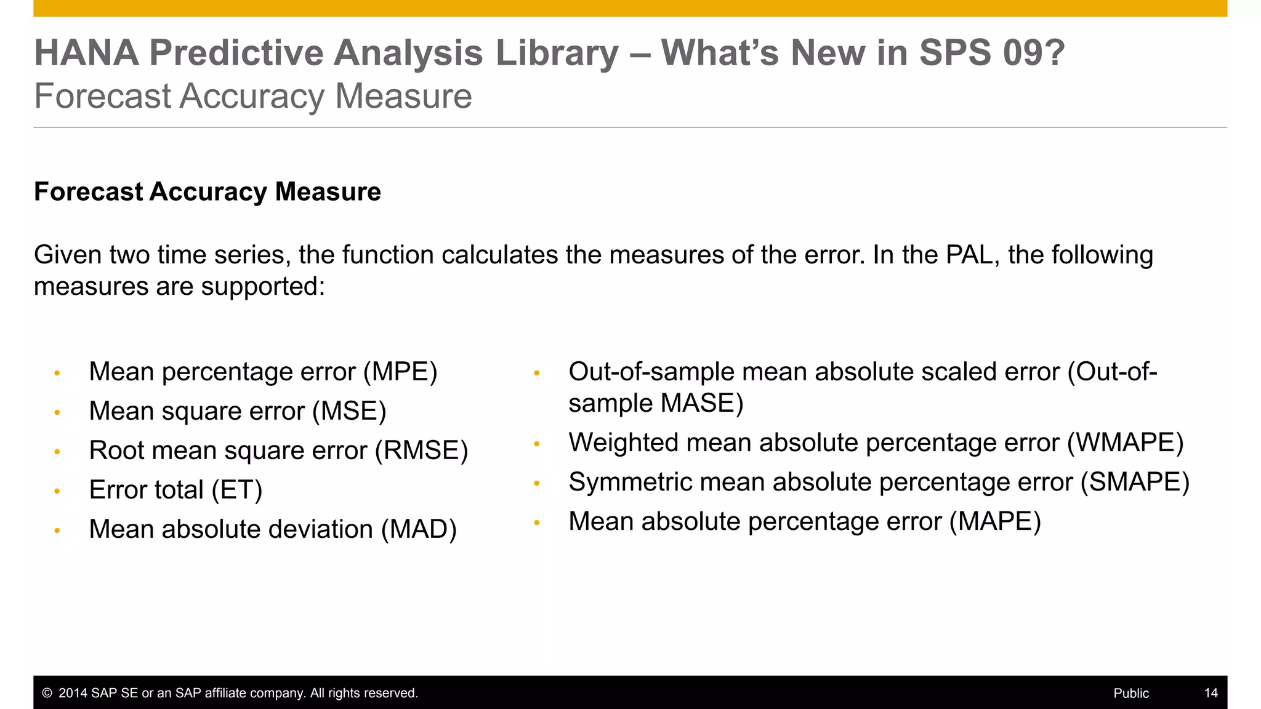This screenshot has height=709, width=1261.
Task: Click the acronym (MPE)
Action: click(x=400, y=372)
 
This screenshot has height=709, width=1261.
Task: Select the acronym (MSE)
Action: click(x=349, y=412)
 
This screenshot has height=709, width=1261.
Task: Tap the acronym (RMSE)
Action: click(x=422, y=451)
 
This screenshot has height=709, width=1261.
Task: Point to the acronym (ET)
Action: click(x=237, y=491)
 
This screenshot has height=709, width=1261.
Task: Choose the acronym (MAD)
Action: click(x=419, y=530)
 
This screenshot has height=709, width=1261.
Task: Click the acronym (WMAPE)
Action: click(x=1125, y=443)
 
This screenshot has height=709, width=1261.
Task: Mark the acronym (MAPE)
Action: click(x=995, y=522)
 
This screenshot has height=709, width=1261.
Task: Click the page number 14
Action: click(x=1211, y=694)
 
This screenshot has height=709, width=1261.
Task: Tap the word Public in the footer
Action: click(x=1131, y=694)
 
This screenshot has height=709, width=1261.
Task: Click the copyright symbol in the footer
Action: click(x=47, y=694)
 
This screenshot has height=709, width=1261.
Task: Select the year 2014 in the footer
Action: click(x=73, y=694)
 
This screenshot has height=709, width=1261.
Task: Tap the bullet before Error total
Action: click(x=57, y=491)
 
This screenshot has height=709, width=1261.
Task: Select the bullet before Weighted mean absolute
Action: click(x=536, y=444)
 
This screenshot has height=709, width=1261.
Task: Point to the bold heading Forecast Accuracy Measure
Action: click(x=207, y=192)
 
